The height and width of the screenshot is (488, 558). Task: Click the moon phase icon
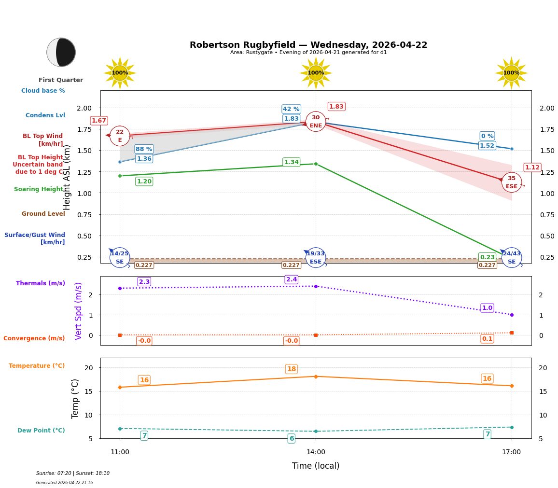tap(61, 52)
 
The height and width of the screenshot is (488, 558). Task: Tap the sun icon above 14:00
tap(316, 73)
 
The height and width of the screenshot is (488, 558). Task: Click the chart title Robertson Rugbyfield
tap(308, 45)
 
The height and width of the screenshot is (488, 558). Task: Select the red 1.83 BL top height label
tap(336, 107)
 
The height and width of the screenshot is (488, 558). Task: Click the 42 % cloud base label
tap(291, 109)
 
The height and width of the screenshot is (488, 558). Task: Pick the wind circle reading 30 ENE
tap(316, 122)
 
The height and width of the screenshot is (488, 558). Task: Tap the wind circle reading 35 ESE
tap(511, 182)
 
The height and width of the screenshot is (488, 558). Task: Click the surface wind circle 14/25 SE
tap(120, 257)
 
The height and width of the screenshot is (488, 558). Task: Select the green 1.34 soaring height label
tap(291, 162)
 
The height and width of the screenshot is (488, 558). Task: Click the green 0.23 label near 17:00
tap(487, 257)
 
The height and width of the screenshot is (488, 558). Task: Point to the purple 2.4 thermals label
tap(291, 279)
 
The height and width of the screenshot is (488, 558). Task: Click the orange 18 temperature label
tap(291, 369)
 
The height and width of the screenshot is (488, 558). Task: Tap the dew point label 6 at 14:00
tap(291, 439)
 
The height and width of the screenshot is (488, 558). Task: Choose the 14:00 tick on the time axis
tap(316, 452)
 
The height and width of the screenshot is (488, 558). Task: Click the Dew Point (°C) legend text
tap(41, 431)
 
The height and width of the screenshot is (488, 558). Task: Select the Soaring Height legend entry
tap(39, 189)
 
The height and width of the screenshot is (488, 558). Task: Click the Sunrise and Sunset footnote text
tap(73, 474)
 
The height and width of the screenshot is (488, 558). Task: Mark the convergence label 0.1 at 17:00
tap(487, 339)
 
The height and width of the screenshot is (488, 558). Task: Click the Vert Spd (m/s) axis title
tap(79, 311)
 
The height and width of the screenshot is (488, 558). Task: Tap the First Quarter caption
tap(61, 80)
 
